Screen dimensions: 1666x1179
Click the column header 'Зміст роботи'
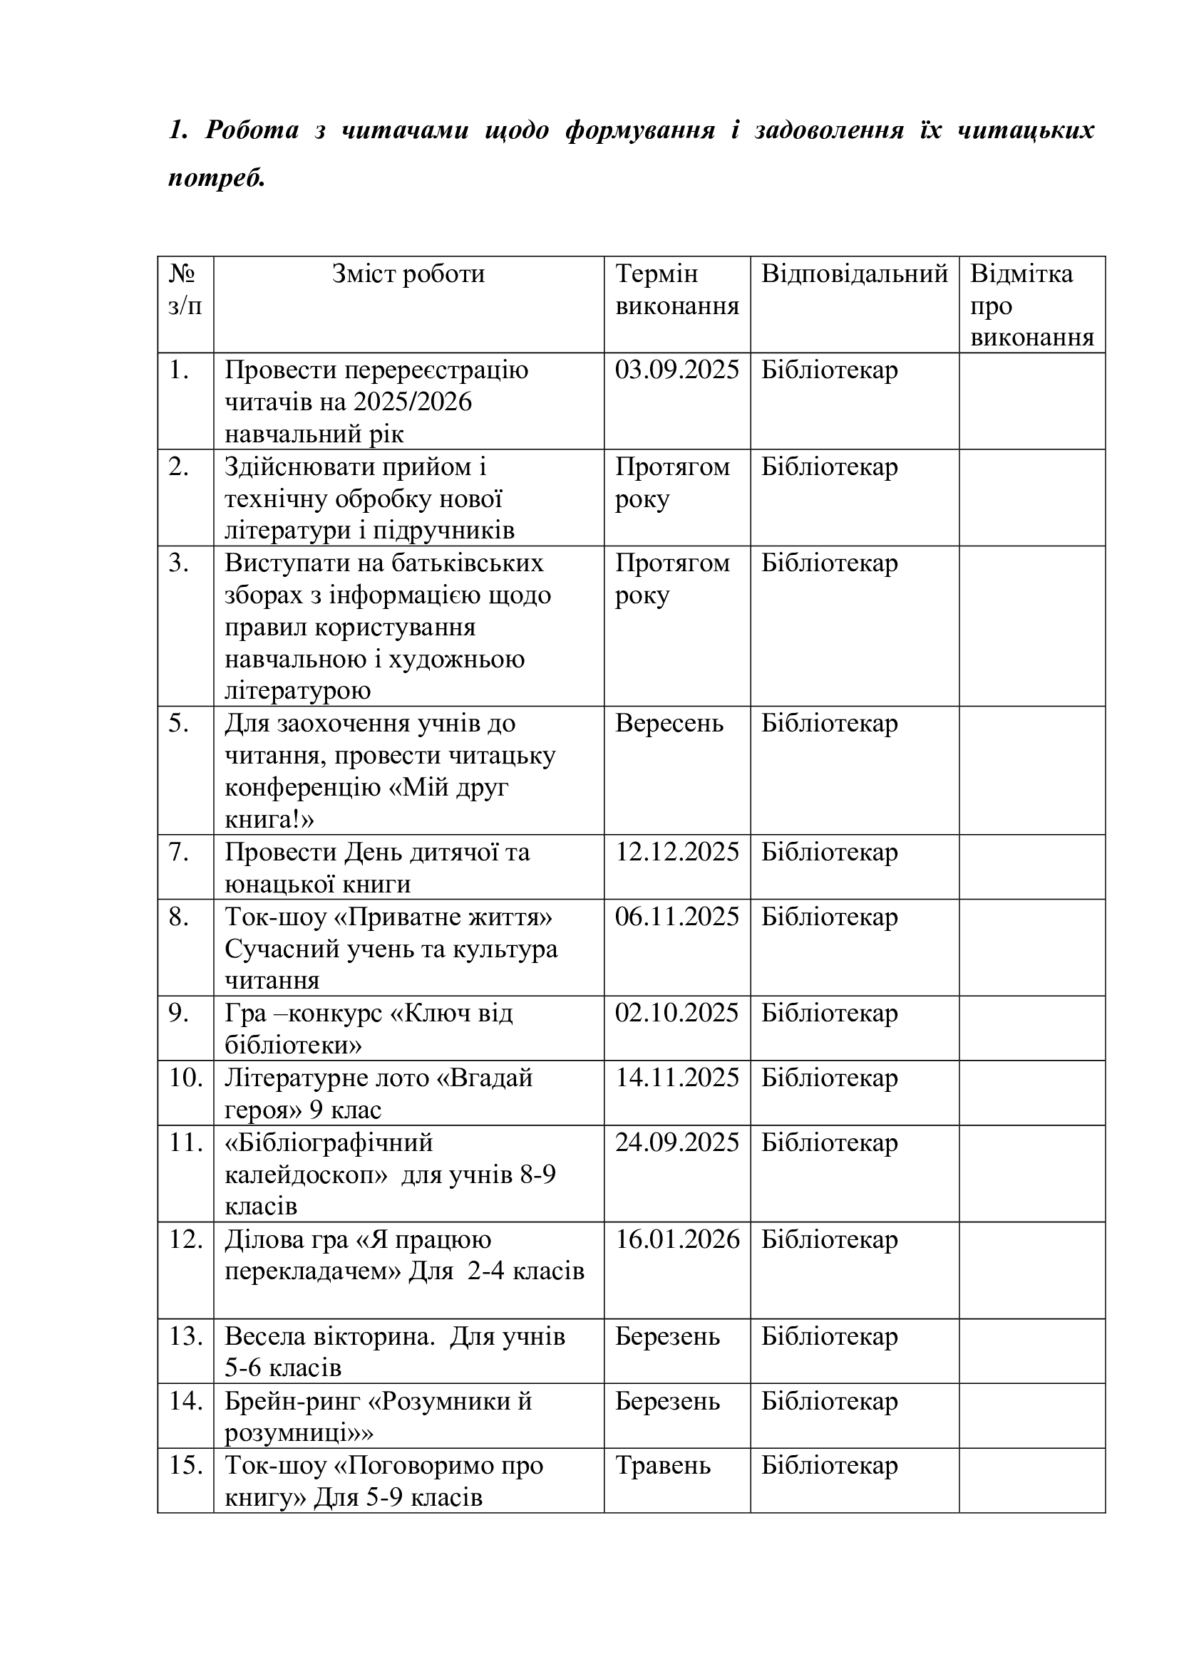click(408, 274)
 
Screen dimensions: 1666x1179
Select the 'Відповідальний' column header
click(854, 274)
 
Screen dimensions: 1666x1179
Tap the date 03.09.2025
click(676, 370)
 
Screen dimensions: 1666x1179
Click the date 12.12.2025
click(676, 852)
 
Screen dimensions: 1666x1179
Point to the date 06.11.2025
click(676, 917)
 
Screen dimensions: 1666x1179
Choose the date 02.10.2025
click(676, 1013)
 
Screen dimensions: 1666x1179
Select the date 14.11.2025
click(676, 1078)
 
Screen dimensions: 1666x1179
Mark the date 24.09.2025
click(676, 1142)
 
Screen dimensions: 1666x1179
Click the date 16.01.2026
click(677, 1239)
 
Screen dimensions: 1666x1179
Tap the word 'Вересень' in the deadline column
click(669, 724)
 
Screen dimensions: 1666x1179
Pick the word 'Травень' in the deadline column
click(663, 1465)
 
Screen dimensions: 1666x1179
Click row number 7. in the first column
click(180, 852)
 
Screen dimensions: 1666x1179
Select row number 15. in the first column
click(185, 1465)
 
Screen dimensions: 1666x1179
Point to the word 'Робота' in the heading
click(252, 130)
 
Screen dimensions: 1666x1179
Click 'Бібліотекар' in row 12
click(829, 1239)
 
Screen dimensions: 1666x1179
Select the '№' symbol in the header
click(182, 274)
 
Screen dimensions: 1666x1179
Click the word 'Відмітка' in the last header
click(1021, 274)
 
